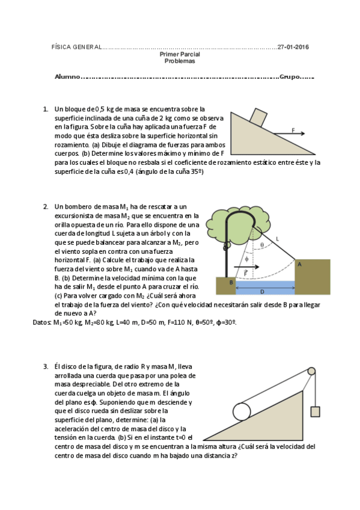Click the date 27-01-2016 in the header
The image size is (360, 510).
pyautogui.click(x=293, y=47)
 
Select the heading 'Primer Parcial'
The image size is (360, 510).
pyautogui.click(x=180, y=54)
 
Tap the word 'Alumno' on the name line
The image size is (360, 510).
pyautogui.click(x=67, y=77)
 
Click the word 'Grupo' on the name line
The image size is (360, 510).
pyautogui.click(x=290, y=77)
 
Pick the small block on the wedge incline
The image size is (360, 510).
pyautogui.click(x=258, y=117)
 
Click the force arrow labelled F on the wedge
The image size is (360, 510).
pyautogui.click(x=289, y=134)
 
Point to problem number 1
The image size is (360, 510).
pyautogui.click(x=46, y=109)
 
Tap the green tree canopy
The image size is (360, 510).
pyautogui.click(x=240, y=226)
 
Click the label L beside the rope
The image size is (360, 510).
pyautogui.click(x=277, y=239)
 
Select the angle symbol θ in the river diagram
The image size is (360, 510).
pyautogui.click(x=262, y=245)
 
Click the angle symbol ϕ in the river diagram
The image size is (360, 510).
pyautogui.click(x=246, y=259)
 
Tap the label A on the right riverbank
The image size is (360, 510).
pyautogui.click(x=299, y=265)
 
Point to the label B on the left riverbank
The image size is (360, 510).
pyautogui.click(x=231, y=282)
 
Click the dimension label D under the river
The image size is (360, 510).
pyautogui.click(x=262, y=292)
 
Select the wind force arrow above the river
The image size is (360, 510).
pyautogui.click(x=246, y=267)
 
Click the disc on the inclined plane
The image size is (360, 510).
pyautogui.click(x=242, y=412)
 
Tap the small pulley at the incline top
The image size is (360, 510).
pyautogui.click(x=311, y=371)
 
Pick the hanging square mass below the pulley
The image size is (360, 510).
pyautogui.click(x=315, y=412)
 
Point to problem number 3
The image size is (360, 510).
pyautogui.click(x=46, y=367)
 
